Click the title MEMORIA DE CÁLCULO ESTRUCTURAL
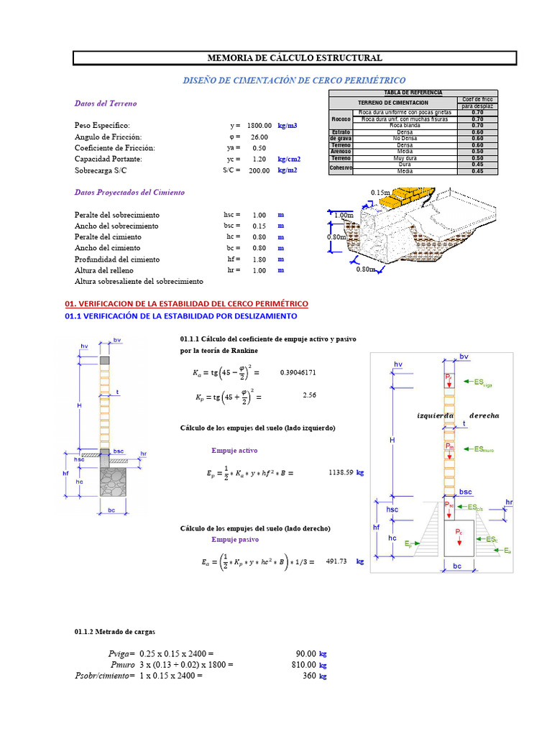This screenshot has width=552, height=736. (x=295, y=58)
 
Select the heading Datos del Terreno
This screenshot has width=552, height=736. (x=106, y=103)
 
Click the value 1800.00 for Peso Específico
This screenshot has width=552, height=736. (x=259, y=126)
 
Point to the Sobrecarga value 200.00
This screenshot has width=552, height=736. (x=259, y=170)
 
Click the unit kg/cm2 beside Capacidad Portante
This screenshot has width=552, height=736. (x=290, y=159)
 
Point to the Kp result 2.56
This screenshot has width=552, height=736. (x=310, y=395)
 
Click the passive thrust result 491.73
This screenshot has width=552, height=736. (x=336, y=562)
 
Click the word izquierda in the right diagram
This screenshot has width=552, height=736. (x=437, y=415)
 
